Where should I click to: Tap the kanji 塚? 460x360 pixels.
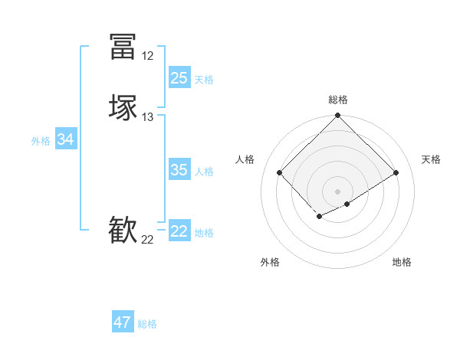[x=123, y=107]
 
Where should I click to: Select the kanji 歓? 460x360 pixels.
[x=123, y=231]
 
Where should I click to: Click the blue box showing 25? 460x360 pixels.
[x=179, y=78]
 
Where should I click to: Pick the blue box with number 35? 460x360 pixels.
[x=179, y=170]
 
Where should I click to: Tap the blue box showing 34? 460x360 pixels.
[x=66, y=139]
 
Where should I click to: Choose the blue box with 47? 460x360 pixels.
[x=123, y=322]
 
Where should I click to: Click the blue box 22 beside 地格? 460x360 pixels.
[x=179, y=231]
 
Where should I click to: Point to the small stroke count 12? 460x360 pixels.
[x=147, y=56]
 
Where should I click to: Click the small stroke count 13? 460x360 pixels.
[x=148, y=117]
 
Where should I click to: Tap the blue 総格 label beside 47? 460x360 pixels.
[x=147, y=324]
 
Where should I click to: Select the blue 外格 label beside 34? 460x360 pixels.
[x=40, y=141]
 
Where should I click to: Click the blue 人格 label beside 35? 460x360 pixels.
[x=204, y=172]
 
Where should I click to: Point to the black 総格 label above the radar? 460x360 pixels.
[x=338, y=100]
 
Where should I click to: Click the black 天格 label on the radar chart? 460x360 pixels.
[x=431, y=159]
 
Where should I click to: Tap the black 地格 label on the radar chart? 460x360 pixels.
[x=402, y=262]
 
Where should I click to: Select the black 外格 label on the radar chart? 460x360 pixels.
[x=270, y=262]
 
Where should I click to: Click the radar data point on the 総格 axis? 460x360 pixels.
[x=337, y=116]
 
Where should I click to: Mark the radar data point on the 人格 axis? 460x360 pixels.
[x=280, y=172]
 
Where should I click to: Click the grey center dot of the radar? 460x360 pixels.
[x=337, y=191]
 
